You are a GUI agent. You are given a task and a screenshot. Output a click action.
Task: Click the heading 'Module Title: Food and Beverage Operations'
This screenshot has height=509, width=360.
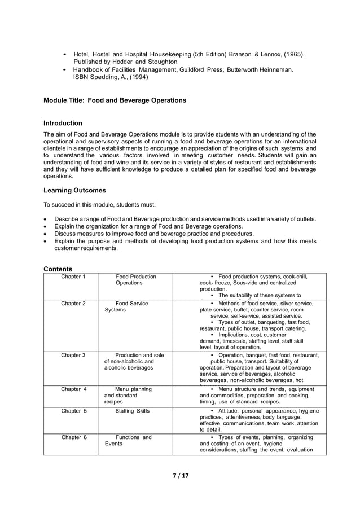point(115,100)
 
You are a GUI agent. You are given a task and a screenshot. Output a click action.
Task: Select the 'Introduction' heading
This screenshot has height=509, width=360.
point(63,123)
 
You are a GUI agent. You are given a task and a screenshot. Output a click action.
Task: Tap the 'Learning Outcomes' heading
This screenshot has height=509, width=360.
point(74,191)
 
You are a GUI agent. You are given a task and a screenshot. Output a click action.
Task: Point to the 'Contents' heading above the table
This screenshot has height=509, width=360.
point(58,269)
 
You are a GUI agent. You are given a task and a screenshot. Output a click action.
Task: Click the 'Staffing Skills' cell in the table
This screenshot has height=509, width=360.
point(133,411)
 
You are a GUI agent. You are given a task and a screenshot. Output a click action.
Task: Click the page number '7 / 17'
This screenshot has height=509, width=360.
point(181,476)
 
